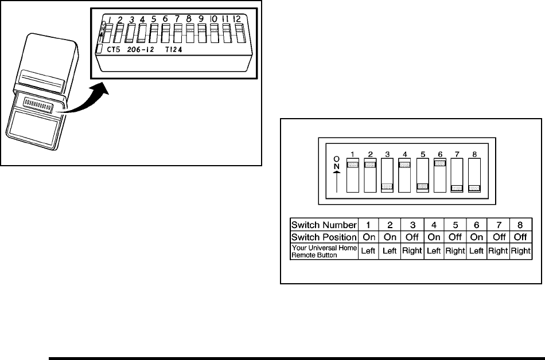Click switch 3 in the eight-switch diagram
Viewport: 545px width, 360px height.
tap(387, 175)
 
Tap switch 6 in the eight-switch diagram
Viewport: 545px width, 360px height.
tap(440, 175)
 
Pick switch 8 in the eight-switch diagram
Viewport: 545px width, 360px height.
tap(474, 175)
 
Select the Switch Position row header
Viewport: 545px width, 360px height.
tap(324, 237)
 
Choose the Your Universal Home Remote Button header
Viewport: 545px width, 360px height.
tap(324, 251)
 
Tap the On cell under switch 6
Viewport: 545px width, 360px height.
tap(477, 237)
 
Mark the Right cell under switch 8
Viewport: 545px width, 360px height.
tap(521, 251)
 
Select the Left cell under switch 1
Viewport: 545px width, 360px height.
tap(368, 251)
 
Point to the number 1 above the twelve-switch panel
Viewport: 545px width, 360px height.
tap(109, 20)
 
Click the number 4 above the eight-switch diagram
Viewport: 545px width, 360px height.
tap(404, 154)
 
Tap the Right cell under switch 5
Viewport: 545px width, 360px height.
tap(455, 251)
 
